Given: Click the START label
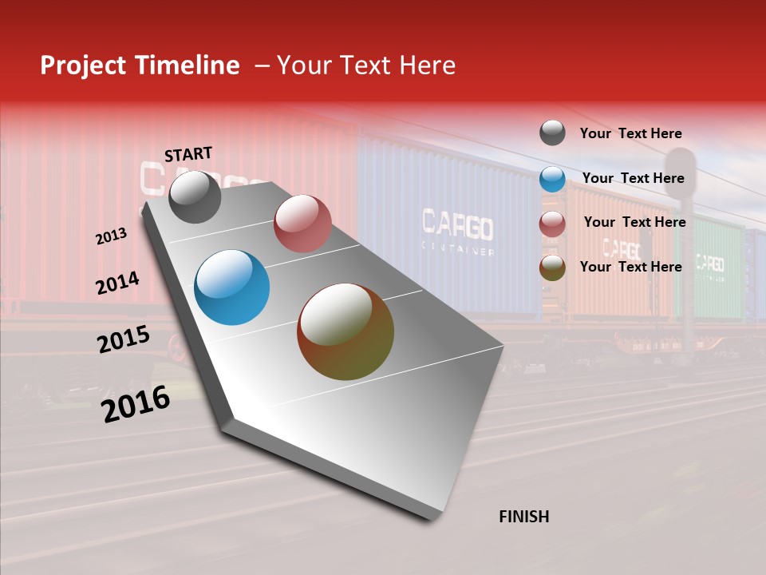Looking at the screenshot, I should pos(188,154).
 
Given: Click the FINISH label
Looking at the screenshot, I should pos(524,517).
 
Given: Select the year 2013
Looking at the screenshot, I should pos(111,236).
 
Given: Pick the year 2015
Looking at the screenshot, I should pos(123,339).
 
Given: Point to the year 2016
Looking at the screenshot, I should pos(136,404).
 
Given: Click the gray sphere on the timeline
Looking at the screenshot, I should pos(195,197).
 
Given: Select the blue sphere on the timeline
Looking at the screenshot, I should pos(231,287).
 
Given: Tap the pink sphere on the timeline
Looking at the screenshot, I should pos(302,223).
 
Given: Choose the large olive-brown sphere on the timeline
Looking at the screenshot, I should pos(345,331).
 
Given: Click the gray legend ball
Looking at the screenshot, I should pos(552,133).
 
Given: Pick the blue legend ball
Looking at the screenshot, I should pos(552,179).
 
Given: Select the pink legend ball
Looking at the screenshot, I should pos(552,224).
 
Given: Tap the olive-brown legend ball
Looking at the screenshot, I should pos(552,268).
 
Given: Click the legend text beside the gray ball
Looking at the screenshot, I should pos(630,133).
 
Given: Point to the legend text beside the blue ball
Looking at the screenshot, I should pos(633,178).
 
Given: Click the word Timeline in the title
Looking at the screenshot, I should pos(188,65).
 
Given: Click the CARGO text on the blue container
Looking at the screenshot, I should pos(456,226).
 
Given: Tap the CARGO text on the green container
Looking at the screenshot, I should pos(709,263).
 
